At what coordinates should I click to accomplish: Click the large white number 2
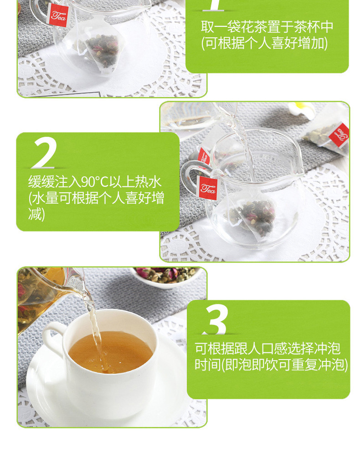pyautogui.click(x=45, y=153)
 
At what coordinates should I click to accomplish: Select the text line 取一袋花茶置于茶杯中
pyautogui.click(x=267, y=26)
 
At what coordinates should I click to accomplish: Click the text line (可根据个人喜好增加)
pyautogui.click(x=264, y=43)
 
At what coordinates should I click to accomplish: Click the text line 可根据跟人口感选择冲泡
pyautogui.click(x=267, y=349)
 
